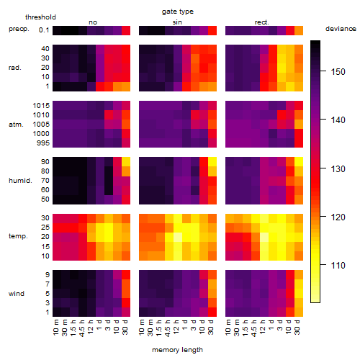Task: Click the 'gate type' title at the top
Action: click(178, 12)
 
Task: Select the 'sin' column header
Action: click(177, 22)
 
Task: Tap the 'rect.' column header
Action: click(261, 22)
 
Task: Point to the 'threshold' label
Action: click(40, 17)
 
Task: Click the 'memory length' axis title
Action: click(177, 350)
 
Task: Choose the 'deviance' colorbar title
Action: click(341, 29)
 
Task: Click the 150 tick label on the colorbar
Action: click(338, 71)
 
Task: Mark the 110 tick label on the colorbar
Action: click(338, 265)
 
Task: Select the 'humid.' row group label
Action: click(20, 181)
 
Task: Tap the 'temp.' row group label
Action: click(18, 236)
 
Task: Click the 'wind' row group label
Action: click(17, 294)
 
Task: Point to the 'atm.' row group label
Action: click(16, 125)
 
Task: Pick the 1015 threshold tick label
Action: click(41, 106)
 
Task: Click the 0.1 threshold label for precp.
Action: click(44, 30)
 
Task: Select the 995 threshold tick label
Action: click(43, 143)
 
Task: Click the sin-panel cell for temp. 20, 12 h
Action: click(178, 237)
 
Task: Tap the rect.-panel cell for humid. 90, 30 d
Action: click(299, 162)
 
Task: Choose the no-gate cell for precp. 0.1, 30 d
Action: click(126, 30)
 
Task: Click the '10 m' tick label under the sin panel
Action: click(142, 327)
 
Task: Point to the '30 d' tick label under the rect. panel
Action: click(297, 327)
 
